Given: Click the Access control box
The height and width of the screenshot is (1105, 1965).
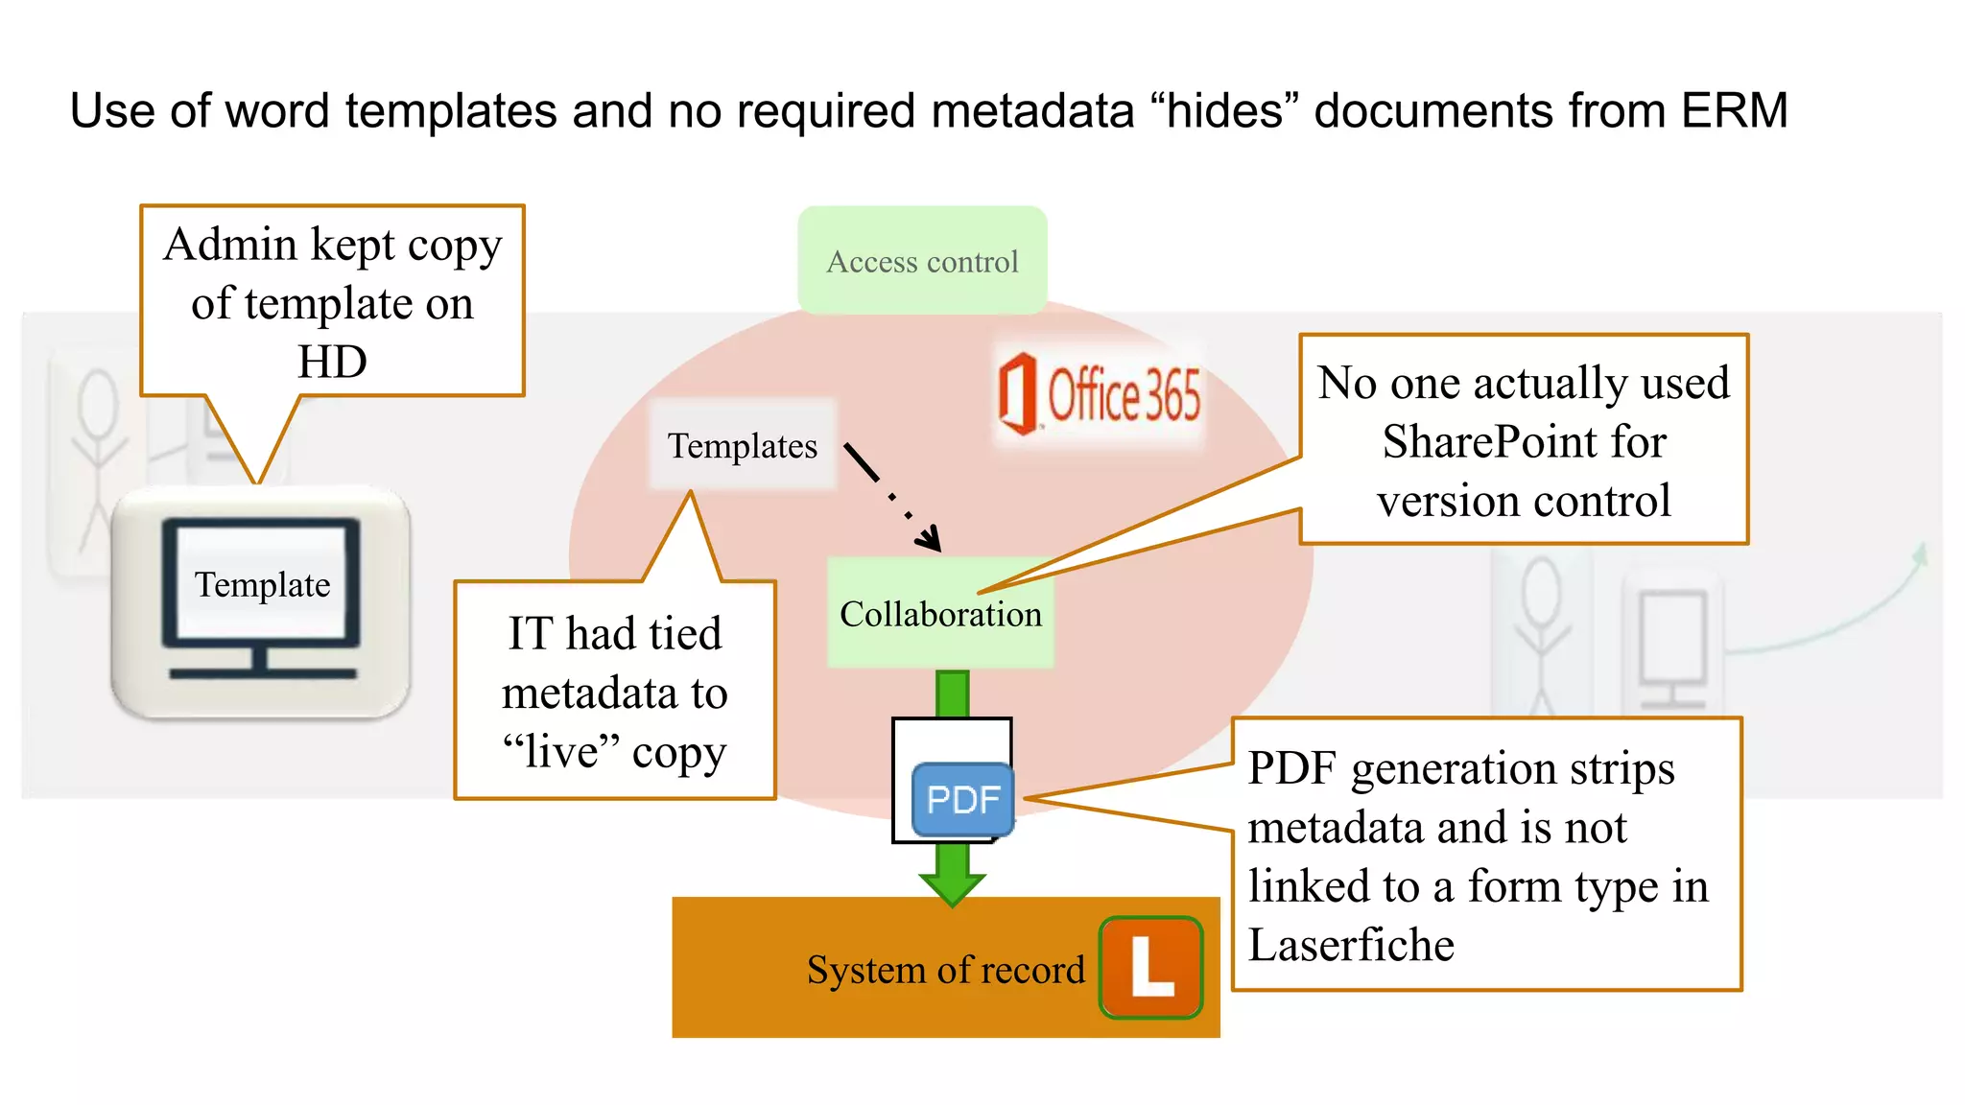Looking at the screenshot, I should click(x=922, y=261).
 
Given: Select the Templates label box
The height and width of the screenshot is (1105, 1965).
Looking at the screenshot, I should click(x=743, y=446).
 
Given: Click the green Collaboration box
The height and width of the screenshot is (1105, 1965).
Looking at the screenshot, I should click(x=940, y=614).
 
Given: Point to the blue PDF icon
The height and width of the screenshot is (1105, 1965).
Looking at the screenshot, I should click(x=962, y=799).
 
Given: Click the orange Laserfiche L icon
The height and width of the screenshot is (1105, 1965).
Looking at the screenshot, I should click(x=1150, y=967).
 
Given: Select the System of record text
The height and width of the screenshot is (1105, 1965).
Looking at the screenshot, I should click(x=945, y=970).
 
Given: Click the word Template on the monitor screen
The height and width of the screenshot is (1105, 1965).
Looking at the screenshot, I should click(x=262, y=584).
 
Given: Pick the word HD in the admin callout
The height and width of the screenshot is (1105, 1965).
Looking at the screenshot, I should click(x=332, y=363).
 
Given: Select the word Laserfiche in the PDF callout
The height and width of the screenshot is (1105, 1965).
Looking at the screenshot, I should click(x=1351, y=945).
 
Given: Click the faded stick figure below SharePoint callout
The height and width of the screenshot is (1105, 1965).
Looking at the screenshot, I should click(x=1541, y=633).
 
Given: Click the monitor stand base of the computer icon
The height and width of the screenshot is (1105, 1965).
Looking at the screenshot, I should click(x=262, y=672).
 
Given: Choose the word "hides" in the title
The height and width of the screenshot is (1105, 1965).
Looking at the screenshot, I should click(x=1230, y=110).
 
